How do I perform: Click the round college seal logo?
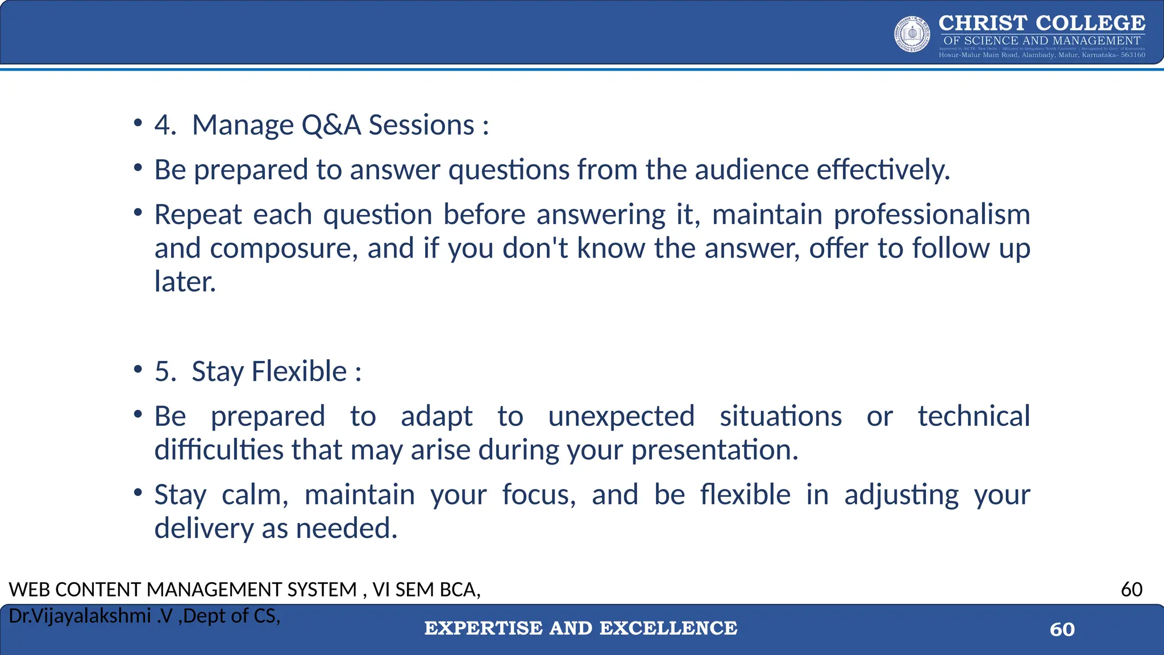912,35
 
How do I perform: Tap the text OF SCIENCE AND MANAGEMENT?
1042,41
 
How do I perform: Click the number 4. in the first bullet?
165,125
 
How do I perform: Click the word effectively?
883,170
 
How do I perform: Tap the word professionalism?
932,215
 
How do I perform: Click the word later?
185,282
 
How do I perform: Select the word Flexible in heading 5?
298,372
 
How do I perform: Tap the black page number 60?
1131,590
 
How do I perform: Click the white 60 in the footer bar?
1062,629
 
